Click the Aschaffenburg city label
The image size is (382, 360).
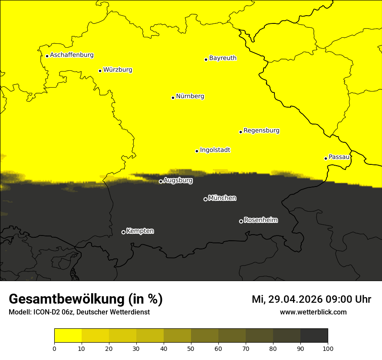coord(72,55)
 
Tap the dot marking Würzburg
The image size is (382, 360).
coord(100,71)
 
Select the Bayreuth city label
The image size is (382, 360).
coord(223,58)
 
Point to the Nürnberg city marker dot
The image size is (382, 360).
coord(173,98)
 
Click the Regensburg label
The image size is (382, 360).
coord(261,131)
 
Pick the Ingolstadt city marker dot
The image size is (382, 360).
coord(197,151)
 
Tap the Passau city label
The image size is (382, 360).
coord(339,157)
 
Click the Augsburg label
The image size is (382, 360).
coord(178,180)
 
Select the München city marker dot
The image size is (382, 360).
coord(205,200)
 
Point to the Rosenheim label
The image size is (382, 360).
coord(260,220)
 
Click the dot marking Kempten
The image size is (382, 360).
coord(123,232)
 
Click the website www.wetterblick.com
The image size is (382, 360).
coord(313,312)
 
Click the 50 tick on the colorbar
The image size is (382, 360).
coord(191,348)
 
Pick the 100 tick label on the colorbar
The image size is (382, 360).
coord(328,348)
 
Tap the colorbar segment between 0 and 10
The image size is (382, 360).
coord(68,336)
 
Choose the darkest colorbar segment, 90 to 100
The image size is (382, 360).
coord(314,336)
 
